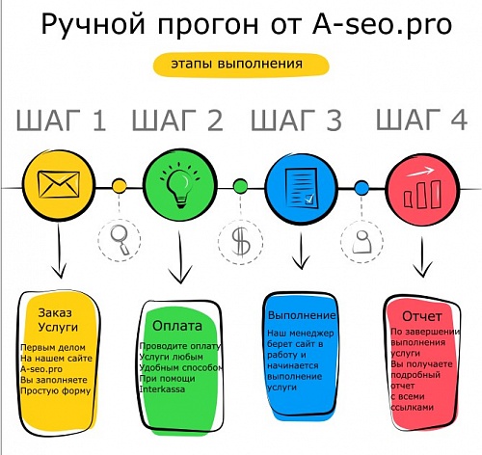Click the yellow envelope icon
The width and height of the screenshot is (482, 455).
pyautogui.click(x=59, y=184)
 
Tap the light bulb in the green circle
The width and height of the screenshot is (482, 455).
pyautogui.click(x=180, y=186)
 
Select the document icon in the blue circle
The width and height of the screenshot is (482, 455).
pyautogui.click(x=301, y=188)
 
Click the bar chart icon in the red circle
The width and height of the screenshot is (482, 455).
pyautogui.click(x=422, y=189)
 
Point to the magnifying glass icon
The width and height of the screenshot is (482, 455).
pyautogui.click(x=120, y=240)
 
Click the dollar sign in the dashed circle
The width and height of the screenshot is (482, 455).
pyautogui.click(x=241, y=242)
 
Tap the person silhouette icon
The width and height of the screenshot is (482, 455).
pyautogui.click(x=362, y=242)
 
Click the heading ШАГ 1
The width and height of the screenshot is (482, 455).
pyautogui.click(x=61, y=120)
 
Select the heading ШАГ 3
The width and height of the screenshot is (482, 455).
pyautogui.click(x=296, y=120)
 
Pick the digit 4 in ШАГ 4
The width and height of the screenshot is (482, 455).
pyautogui.click(x=459, y=120)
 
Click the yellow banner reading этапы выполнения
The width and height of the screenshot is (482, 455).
pyautogui.click(x=241, y=65)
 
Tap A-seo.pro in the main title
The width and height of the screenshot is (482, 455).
pyautogui.click(x=382, y=24)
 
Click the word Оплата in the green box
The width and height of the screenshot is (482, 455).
pyautogui.click(x=177, y=326)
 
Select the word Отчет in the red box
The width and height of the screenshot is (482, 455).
pyautogui.click(x=422, y=316)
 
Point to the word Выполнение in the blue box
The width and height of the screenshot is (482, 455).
pyautogui.click(x=302, y=315)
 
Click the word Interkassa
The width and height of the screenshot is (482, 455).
pyautogui.click(x=162, y=389)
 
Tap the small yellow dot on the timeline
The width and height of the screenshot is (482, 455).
pyautogui.click(x=120, y=186)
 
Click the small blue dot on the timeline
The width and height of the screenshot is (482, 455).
pyautogui.click(x=361, y=188)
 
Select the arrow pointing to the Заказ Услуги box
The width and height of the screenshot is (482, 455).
pyautogui.click(x=59, y=252)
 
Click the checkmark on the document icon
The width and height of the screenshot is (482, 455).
pyautogui.click(x=309, y=200)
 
